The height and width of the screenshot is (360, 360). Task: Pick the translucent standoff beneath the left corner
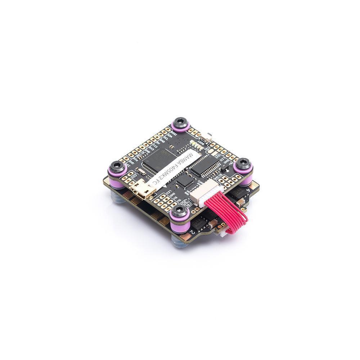tap(119, 196)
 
